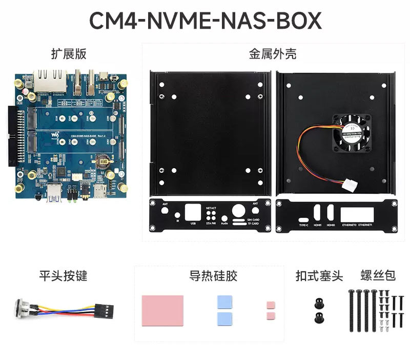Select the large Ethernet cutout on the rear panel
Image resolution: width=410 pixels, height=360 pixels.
pyautogui.click(x=357, y=214)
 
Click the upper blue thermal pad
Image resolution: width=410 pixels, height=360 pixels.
pyautogui.click(x=224, y=302)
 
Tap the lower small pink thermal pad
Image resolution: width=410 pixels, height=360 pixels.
pyautogui.click(x=271, y=314)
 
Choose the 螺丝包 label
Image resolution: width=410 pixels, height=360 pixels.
pyautogui.click(x=378, y=275)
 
